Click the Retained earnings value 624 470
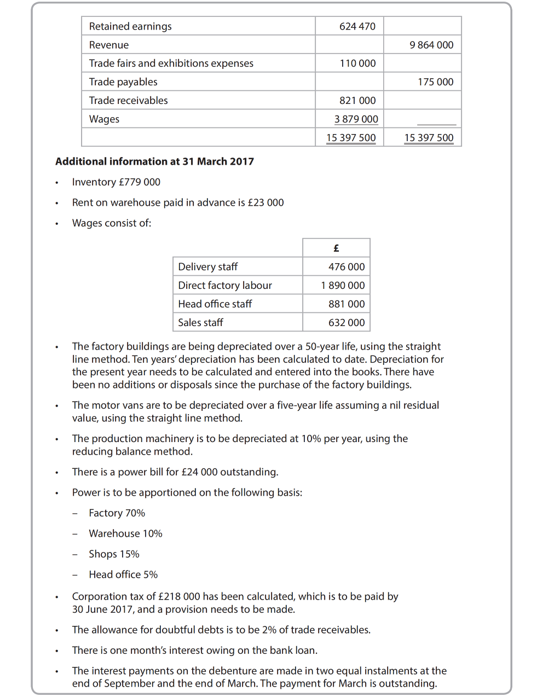357,26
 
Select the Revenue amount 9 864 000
431,45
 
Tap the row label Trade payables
123,82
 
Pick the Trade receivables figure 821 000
357,101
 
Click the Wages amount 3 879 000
356,119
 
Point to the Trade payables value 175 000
435,82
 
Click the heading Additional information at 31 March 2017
154,161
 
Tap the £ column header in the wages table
336,248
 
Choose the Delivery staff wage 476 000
346,267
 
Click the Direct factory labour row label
225,286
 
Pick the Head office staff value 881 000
346,304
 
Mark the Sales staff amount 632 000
346,323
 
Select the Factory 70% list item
117,513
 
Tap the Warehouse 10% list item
125,533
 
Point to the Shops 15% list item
114,554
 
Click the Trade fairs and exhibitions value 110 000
357,63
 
